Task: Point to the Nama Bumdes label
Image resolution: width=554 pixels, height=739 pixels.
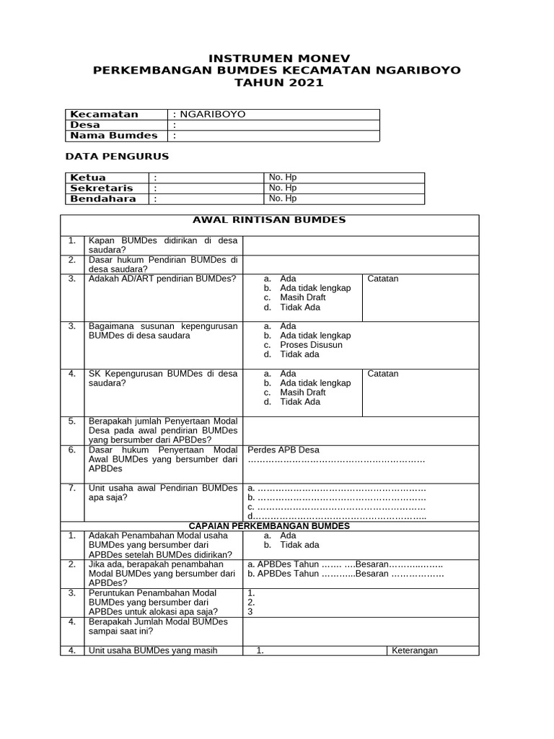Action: (113, 136)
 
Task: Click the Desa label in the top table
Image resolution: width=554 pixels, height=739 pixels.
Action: (85, 125)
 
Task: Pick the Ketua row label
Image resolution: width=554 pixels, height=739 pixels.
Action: (88, 178)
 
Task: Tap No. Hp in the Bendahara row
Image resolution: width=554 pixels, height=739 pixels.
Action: (283, 198)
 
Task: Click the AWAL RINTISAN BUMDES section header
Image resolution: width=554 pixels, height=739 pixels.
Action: (269, 220)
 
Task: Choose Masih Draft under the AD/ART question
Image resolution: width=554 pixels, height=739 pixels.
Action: (302, 297)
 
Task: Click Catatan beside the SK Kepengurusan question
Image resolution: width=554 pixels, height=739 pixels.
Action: (383, 374)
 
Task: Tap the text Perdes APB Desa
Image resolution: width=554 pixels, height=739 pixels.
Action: (283, 450)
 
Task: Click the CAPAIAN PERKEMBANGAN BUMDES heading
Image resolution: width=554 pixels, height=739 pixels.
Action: (269, 526)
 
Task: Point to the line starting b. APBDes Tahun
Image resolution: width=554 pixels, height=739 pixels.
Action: (346, 574)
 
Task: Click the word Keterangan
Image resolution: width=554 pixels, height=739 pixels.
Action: (415, 650)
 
